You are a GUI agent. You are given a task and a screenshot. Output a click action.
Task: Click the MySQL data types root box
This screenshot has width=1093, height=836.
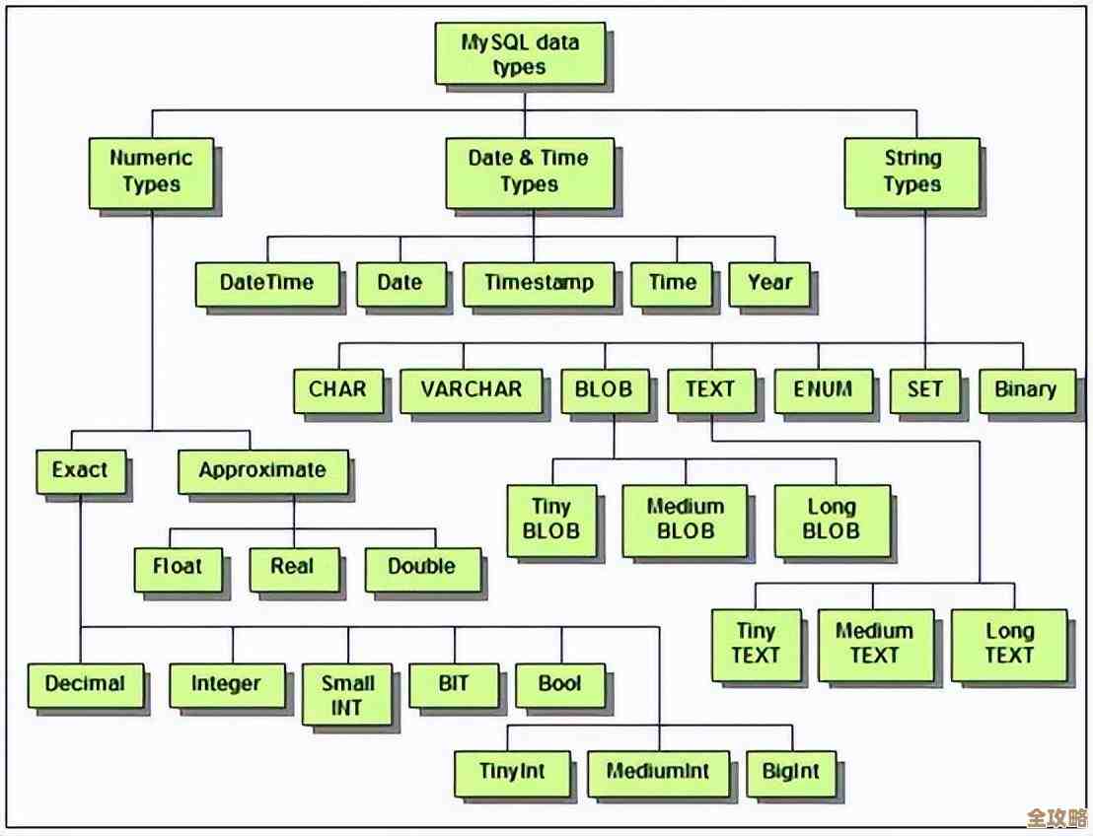(520, 54)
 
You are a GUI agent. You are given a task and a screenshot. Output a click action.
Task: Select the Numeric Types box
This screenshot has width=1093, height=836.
(151, 172)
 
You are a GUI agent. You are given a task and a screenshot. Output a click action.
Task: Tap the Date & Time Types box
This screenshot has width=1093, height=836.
(529, 172)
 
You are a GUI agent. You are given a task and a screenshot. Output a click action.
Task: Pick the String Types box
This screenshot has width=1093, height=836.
(911, 172)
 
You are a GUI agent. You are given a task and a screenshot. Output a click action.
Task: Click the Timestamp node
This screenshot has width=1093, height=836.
(539, 283)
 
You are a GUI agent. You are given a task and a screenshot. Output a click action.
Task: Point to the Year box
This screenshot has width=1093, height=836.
(769, 283)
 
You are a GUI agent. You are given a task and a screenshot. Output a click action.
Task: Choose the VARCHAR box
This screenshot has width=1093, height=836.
(471, 389)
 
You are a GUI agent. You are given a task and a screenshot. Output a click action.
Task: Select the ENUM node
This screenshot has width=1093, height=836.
(823, 389)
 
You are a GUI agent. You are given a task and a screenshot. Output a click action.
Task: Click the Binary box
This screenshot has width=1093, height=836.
(1025, 389)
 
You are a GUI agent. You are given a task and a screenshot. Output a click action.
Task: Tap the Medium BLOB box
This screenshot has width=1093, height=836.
(685, 520)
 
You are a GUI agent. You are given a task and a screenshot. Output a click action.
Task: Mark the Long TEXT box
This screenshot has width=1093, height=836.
(1008, 644)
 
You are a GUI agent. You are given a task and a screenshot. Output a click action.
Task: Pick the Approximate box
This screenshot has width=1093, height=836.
(261, 470)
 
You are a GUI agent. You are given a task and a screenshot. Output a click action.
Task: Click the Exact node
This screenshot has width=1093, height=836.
(80, 470)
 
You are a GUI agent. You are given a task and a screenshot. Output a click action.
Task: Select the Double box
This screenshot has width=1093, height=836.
(421, 567)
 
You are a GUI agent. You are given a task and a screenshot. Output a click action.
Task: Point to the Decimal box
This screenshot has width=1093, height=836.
(85, 684)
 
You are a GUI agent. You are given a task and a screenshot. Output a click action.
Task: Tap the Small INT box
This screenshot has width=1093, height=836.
(346, 695)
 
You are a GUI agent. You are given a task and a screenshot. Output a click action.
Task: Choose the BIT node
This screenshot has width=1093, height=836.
(453, 683)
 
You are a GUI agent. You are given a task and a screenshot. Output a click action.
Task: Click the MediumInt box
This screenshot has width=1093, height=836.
(657, 772)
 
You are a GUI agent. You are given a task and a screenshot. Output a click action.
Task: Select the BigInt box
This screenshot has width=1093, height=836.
(790, 772)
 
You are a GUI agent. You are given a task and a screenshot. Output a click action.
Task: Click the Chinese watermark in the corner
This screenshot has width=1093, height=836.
(1056, 817)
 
